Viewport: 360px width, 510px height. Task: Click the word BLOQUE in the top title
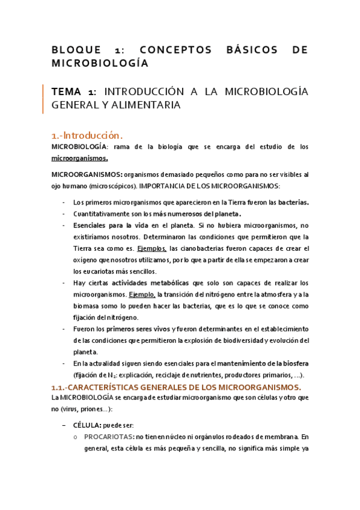click(74, 50)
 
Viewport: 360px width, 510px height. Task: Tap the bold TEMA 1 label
click(73, 92)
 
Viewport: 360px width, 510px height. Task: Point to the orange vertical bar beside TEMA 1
click(43, 99)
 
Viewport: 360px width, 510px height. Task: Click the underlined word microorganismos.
click(80, 158)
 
